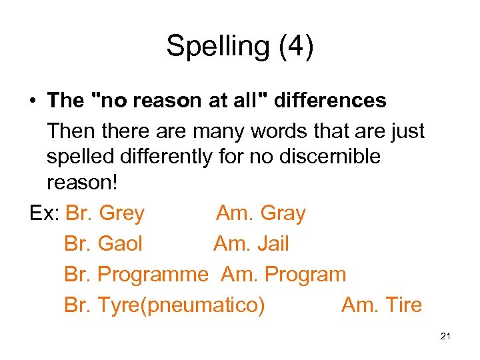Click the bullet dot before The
pyautogui.click(x=33, y=101)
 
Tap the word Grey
pyautogui.click(x=121, y=214)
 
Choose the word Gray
pyautogui.click(x=283, y=214)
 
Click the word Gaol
pyautogui.click(x=120, y=244)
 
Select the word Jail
pyautogui.click(x=273, y=244)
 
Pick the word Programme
pyautogui.click(x=153, y=275)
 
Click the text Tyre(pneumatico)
pyautogui.click(x=181, y=305)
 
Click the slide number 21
pyautogui.click(x=446, y=337)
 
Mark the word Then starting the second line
pyautogui.click(x=70, y=131)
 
